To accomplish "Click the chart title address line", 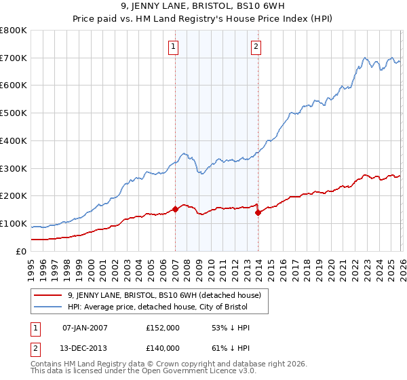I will pos(203,7).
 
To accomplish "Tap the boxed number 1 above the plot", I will pos(174,47).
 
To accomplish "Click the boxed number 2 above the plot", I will pos(256,47).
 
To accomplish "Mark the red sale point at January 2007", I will pos(175,209).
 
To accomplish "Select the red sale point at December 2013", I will pos(258,212).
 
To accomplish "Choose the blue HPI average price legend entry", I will pos(158,307).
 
